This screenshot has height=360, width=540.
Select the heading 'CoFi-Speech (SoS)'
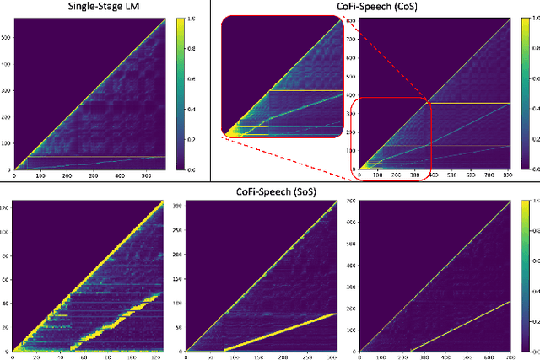tap(273, 191)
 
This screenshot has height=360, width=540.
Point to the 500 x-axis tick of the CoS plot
tap(451, 176)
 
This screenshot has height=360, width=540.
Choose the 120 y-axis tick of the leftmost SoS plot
tap(6, 207)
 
